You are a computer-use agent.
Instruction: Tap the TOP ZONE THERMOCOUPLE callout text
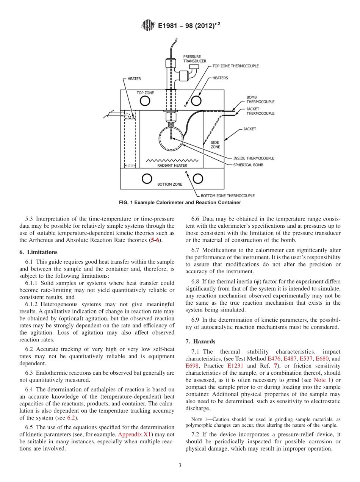235,66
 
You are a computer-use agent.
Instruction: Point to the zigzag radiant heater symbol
172,160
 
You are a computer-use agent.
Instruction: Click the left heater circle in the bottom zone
147,178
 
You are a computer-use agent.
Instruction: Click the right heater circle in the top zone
196,100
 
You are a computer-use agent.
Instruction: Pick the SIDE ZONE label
215,145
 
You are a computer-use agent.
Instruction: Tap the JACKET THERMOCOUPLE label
260,111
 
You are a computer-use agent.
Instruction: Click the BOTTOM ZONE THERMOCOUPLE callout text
227,196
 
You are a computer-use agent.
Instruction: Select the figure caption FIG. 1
180,203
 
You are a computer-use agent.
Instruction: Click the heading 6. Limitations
38,252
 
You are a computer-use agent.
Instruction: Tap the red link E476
274,358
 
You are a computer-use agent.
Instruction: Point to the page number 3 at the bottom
180,465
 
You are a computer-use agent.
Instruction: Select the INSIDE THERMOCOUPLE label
254,158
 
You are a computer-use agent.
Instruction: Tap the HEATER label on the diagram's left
134,79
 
